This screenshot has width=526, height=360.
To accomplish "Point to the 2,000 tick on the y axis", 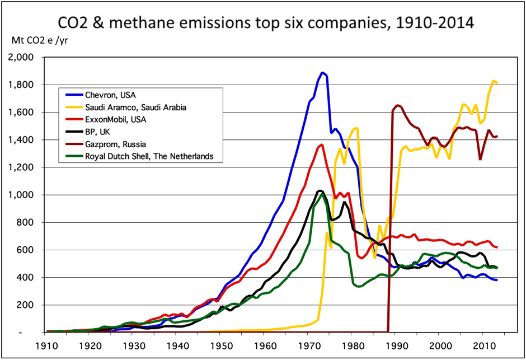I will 23,58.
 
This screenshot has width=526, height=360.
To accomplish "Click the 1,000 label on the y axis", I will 23,195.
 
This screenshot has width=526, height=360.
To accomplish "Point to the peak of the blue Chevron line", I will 322,72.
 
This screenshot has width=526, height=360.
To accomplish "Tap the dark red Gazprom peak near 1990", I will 397,105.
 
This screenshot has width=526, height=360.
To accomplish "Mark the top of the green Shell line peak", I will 322,194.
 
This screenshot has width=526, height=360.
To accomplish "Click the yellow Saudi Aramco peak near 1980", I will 356,128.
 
